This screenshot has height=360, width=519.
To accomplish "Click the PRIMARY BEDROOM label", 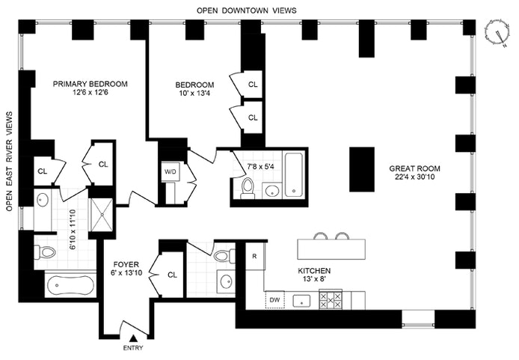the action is pyautogui.click(x=90, y=84).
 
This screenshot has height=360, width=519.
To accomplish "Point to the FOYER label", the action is pyautogui.click(x=125, y=265).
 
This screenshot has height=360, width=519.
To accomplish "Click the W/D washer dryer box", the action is pyautogui.click(x=170, y=171).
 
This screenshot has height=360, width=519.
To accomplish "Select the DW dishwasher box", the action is pyautogui.click(x=274, y=301).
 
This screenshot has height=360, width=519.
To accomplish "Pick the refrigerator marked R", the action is pyautogui.click(x=255, y=256).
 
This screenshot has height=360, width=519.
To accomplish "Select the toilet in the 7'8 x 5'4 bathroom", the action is pyautogui.click(x=247, y=189).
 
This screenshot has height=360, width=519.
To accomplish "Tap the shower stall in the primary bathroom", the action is pyautogui.click(x=99, y=215).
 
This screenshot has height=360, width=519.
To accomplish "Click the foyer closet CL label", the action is pyautogui.click(x=171, y=275).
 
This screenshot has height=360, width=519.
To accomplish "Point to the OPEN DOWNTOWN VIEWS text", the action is pyautogui.click(x=247, y=10).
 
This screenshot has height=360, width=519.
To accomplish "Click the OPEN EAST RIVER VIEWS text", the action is pyautogui.click(x=10, y=161).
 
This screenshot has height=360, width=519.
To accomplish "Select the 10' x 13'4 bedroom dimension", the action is pyautogui.click(x=195, y=94).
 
